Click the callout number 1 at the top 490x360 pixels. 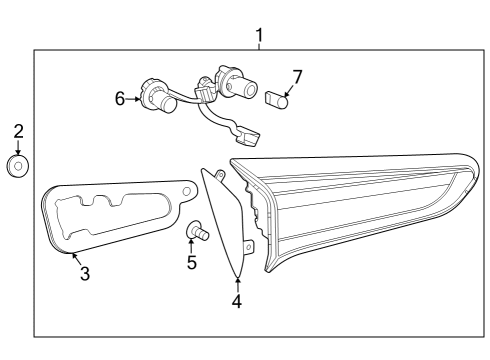point(259,37)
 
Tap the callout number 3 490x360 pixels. point(84,273)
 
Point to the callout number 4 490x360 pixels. point(237,301)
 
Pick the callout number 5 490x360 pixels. point(192,263)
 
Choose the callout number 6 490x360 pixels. point(120,98)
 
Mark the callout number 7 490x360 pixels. point(296,75)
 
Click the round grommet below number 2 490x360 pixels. point(17,166)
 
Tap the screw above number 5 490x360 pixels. point(196,233)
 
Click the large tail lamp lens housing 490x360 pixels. point(360,200)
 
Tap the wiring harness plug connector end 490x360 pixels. point(247,131)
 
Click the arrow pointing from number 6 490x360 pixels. point(133,99)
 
